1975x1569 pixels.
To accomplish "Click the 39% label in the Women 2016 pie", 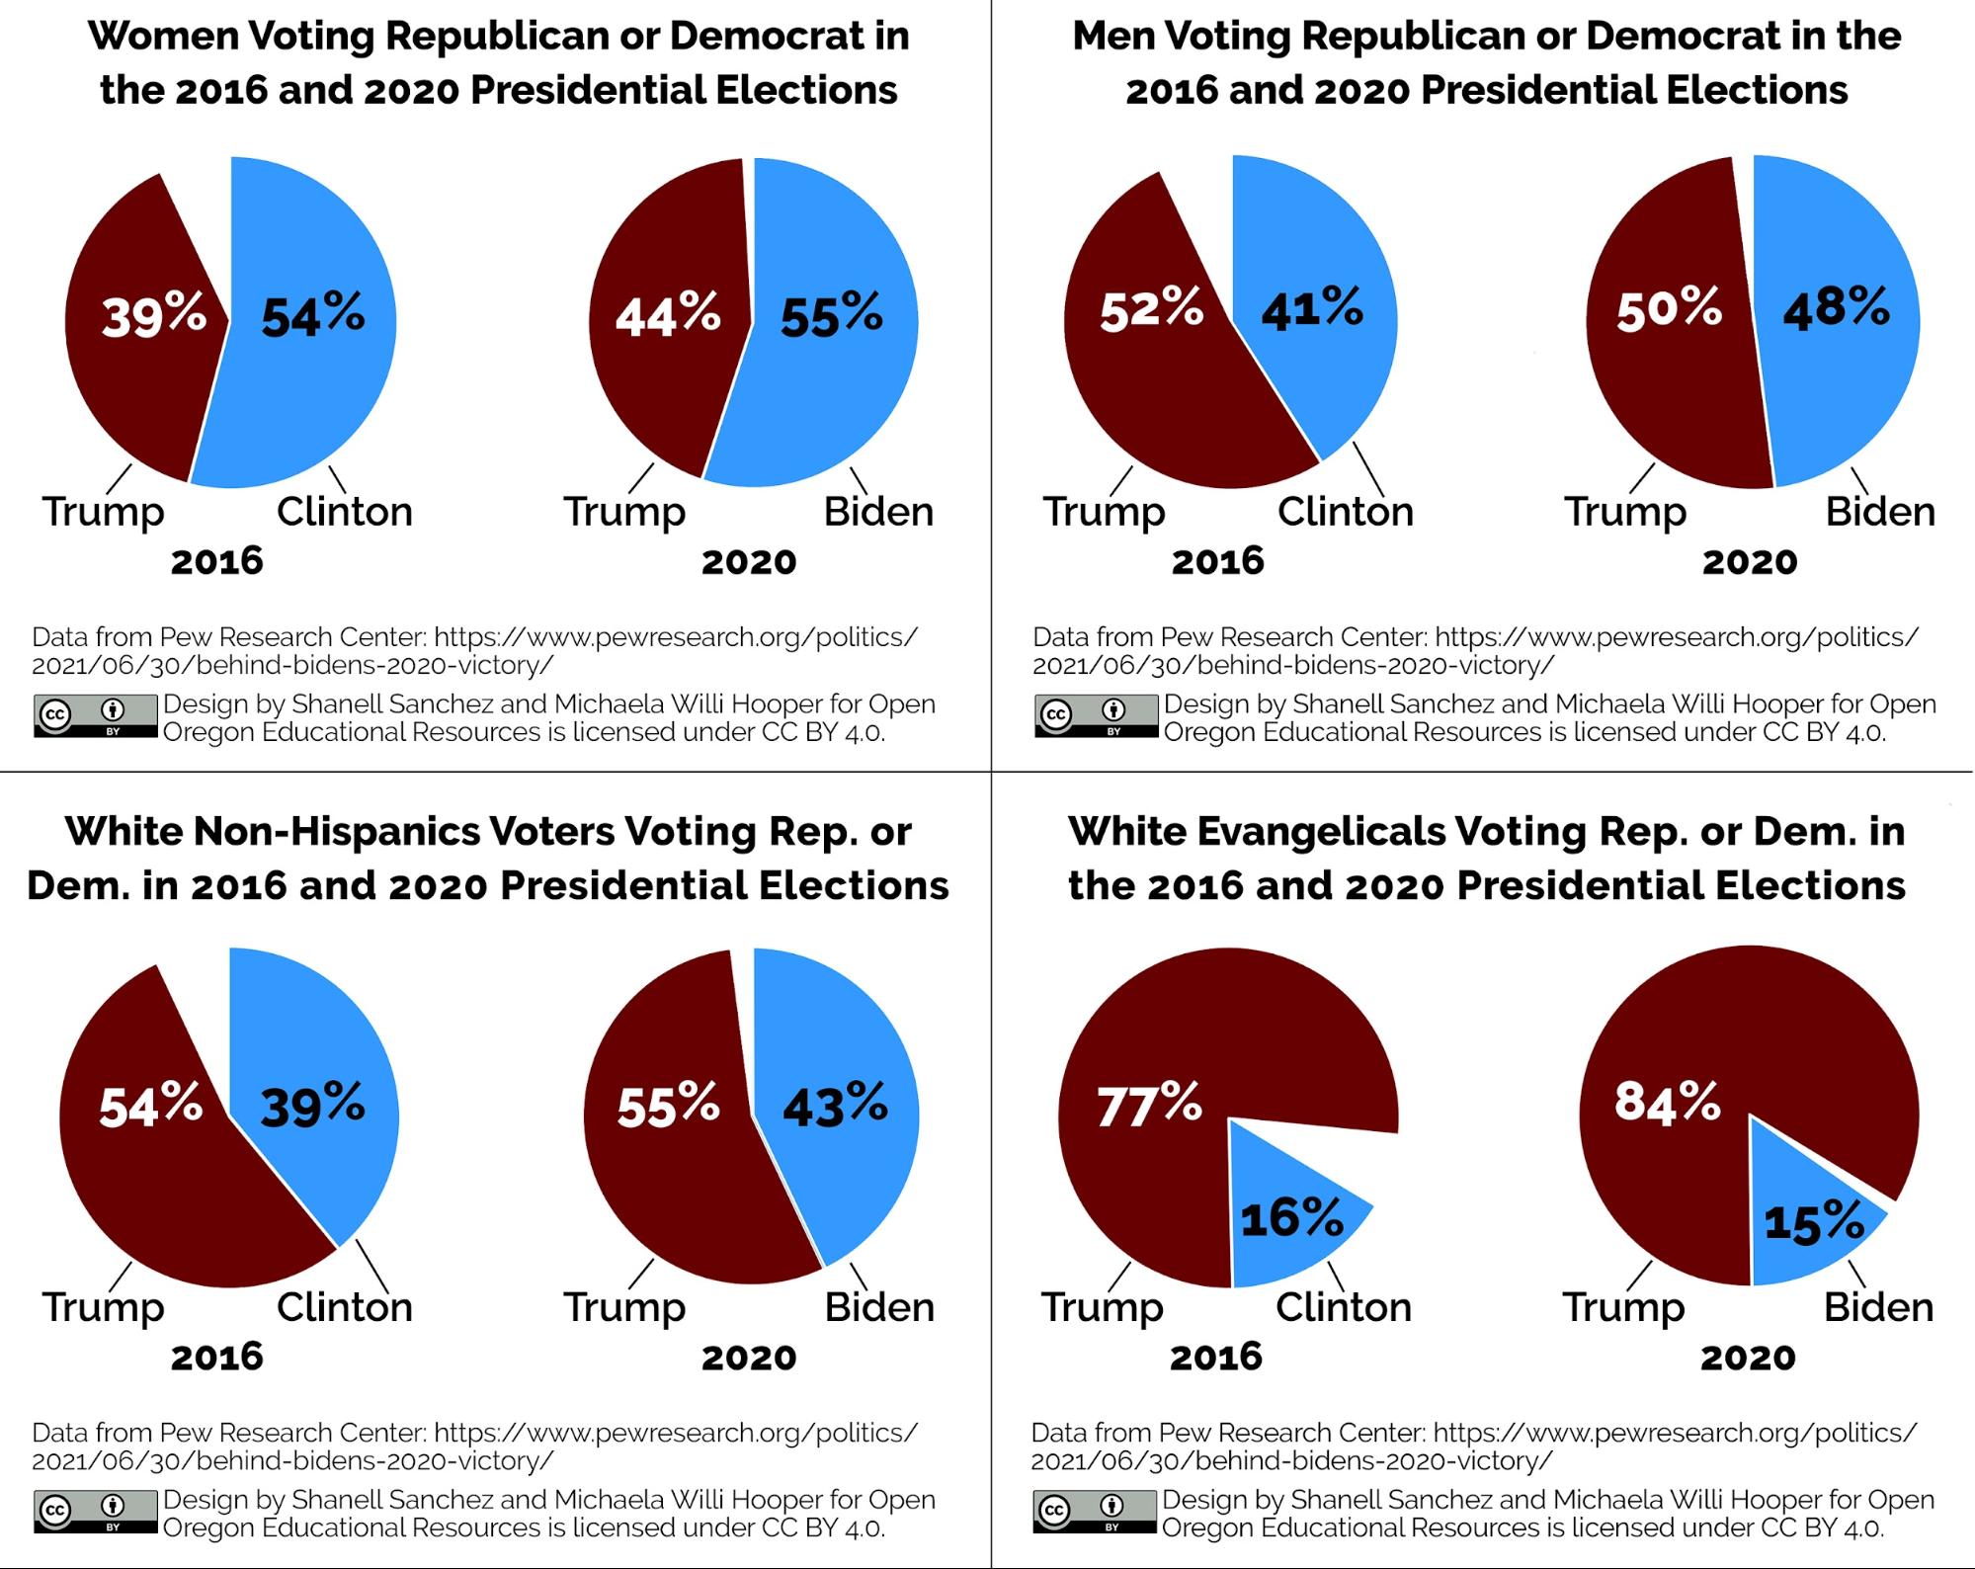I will click(154, 315).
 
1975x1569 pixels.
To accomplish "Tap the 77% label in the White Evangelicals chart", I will click(1149, 1105).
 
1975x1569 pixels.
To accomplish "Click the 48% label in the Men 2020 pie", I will click(1836, 308).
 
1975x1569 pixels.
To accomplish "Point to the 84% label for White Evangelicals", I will click(1668, 1101).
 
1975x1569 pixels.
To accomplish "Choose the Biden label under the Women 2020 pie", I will click(878, 512).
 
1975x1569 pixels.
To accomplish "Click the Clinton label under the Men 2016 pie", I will click(1345, 512).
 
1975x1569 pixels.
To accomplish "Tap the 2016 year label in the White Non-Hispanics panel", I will click(216, 1357).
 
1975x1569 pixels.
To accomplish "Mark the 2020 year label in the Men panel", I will click(1749, 562).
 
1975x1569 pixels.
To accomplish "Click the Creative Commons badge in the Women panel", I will click(95, 715).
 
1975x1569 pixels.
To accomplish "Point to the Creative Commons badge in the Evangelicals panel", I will click(1094, 1512).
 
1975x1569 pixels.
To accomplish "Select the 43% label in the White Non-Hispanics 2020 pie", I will click(835, 1105).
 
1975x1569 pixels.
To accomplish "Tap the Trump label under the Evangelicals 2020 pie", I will click(1623, 1308).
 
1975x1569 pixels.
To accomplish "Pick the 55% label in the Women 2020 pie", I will click(831, 315).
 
